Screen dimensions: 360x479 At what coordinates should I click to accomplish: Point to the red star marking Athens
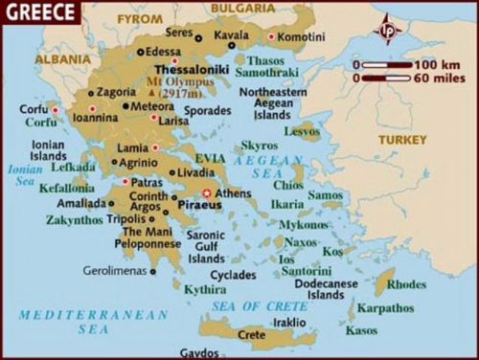click(206, 192)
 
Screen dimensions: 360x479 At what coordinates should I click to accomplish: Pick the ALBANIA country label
click(58, 57)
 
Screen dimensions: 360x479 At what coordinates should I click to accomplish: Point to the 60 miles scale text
click(421, 78)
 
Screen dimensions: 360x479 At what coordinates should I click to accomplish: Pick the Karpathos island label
click(386, 308)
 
